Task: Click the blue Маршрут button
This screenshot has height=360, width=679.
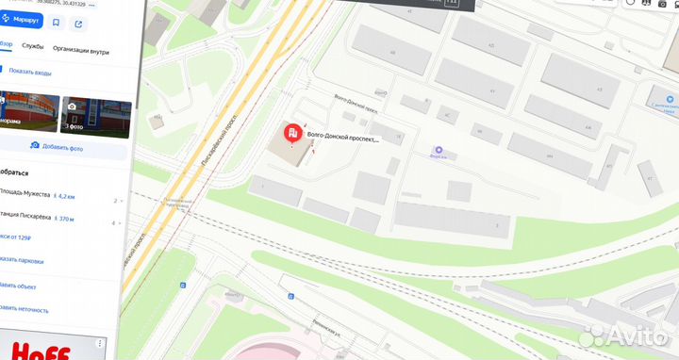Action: [x=21, y=20]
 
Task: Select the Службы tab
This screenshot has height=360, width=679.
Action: [x=32, y=45]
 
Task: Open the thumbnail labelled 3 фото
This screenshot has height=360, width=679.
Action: [x=94, y=114]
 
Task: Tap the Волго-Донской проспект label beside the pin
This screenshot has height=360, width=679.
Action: [x=343, y=139]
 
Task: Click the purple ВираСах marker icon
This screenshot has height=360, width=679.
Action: [x=438, y=149]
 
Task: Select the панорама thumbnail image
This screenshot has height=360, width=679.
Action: [x=28, y=114]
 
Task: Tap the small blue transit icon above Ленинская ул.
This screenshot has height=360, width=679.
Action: [x=292, y=297]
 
